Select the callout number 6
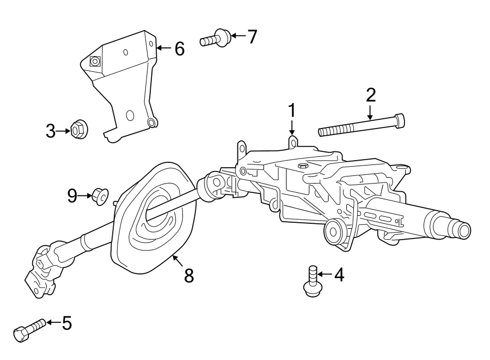179,49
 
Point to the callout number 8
188,276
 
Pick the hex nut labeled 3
78,131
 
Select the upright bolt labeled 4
311,282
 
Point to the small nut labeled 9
100,194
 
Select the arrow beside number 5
53,323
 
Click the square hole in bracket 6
95,62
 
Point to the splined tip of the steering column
462,231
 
